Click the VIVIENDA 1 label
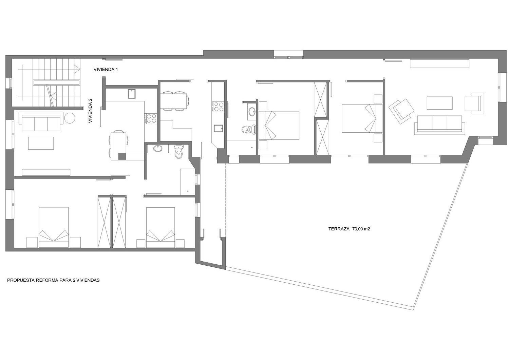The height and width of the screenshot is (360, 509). click(106, 70)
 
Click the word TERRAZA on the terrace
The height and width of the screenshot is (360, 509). click(339, 229)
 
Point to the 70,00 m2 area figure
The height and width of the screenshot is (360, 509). click(361, 229)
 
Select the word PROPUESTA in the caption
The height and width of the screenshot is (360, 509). click(20, 281)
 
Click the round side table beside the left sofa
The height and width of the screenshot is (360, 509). click(70, 118)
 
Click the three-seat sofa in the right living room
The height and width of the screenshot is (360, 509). click(438, 124)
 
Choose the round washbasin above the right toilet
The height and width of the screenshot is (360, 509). click(251, 111)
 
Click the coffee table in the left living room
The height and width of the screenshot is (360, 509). click(41, 143)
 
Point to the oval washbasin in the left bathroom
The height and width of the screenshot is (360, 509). click(158, 148)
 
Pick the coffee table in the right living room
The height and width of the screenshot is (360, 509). click(439, 103)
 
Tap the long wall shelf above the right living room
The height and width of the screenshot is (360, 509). click(439, 63)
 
